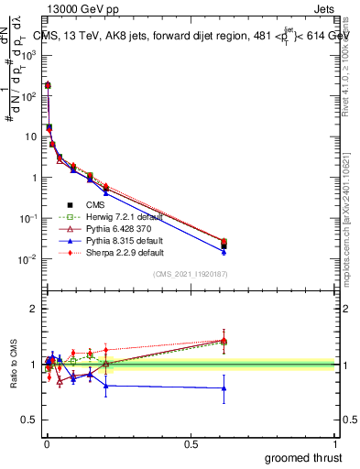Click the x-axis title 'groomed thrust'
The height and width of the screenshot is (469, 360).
coord(303,457)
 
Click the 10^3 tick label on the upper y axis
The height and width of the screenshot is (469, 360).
coord(27,55)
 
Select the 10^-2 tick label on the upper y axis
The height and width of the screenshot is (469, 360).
coord(27,259)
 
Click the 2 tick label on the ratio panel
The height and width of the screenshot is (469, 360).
coord(34,309)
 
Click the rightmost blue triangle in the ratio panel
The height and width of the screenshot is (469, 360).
coord(224,387)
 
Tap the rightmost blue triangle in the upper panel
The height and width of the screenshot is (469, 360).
coord(224,251)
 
